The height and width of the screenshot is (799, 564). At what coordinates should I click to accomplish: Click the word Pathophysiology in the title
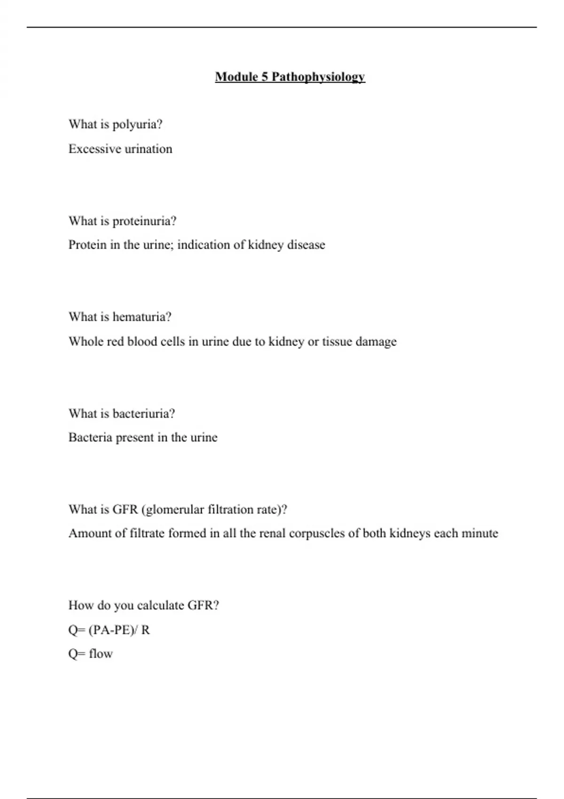click(318, 77)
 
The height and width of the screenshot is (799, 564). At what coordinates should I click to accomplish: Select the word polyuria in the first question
click(137, 125)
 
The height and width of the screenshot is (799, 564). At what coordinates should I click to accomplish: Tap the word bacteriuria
click(144, 414)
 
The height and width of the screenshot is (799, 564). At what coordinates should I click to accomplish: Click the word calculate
click(160, 605)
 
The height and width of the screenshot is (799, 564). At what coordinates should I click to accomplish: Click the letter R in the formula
click(145, 630)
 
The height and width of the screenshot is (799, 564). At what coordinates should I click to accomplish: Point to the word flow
click(101, 654)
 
